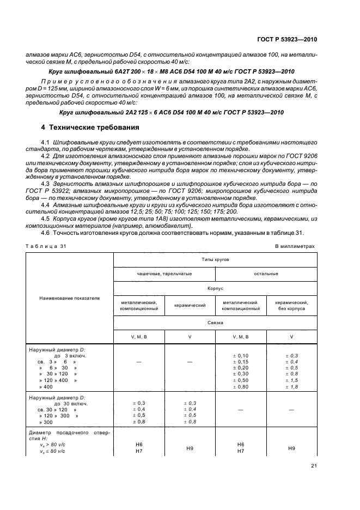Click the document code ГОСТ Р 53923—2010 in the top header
click(x=287, y=39)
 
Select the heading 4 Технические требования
click(x=90, y=127)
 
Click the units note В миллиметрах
click(x=295, y=246)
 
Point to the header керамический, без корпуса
click(x=291, y=305)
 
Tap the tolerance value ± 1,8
click(x=291, y=386)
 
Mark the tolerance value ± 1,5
click(x=291, y=380)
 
